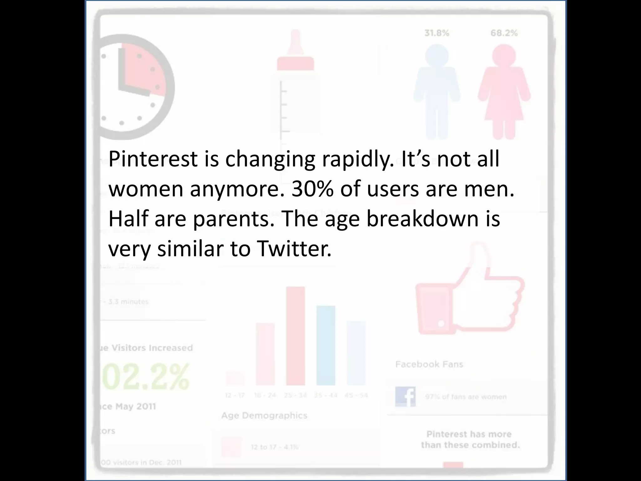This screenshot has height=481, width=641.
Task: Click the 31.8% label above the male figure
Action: pyautogui.click(x=437, y=33)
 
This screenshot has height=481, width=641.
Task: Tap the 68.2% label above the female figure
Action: pyautogui.click(x=504, y=33)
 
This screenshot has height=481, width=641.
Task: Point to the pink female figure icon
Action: pyautogui.click(x=504, y=91)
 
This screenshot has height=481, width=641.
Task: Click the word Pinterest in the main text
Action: pyautogui.click(x=153, y=159)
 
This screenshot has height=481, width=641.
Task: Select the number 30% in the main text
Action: pyautogui.click(x=312, y=189)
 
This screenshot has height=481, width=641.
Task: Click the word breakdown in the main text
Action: pyautogui.click(x=423, y=219)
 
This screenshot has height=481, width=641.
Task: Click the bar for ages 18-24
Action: pyautogui.click(x=265, y=354)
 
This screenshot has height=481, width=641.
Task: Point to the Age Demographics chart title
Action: pyautogui.click(x=264, y=416)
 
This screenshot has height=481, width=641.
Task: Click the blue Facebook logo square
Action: pyautogui.click(x=405, y=396)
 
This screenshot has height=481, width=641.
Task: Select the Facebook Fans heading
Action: pyautogui.click(x=429, y=364)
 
